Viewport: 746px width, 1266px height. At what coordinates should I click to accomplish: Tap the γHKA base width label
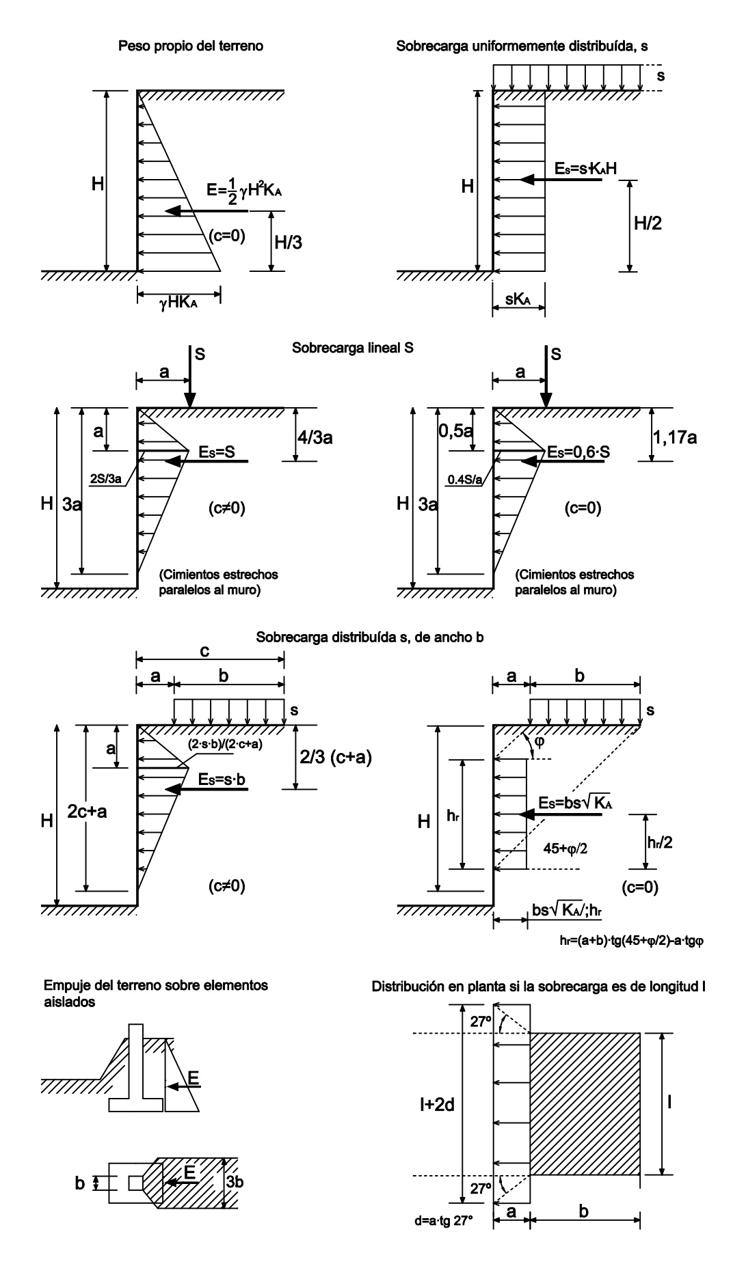[x=178, y=303]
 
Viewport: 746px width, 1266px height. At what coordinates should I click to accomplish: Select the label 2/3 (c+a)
[x=336, y=757]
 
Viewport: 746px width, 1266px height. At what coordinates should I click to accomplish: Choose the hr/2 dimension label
[x=659, y=842]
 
